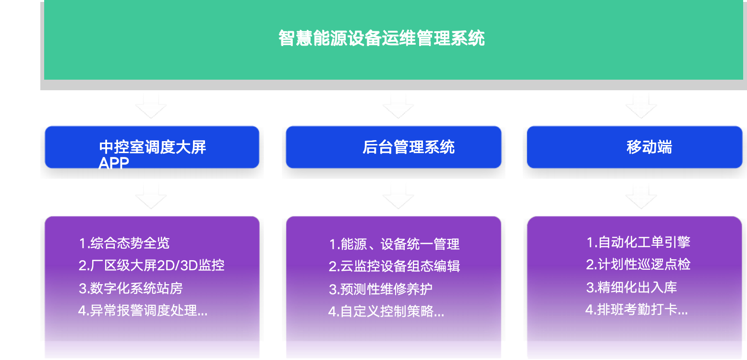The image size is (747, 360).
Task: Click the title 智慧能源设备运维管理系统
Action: [382, 38]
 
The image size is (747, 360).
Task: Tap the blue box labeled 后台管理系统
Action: [408, 147]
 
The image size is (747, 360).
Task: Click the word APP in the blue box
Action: [114, 164]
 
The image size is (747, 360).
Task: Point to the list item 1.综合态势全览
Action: [124, 243]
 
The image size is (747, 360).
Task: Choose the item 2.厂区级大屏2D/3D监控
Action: [151, 265]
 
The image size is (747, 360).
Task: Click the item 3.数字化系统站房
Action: [131, 288]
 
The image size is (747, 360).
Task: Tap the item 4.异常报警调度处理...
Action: [143, 311]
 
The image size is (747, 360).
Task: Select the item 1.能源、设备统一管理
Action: [394, 244]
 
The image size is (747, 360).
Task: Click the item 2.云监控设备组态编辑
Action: [394, 266]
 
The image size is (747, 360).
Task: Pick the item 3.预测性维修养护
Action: [380, 289]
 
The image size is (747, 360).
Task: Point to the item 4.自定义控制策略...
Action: [386, 312]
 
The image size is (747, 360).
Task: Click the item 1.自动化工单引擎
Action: [638, 242]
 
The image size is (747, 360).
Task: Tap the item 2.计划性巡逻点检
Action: [638, 264]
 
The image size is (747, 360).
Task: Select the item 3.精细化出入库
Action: [631, 287]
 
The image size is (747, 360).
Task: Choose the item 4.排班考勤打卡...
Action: [636, 310]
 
